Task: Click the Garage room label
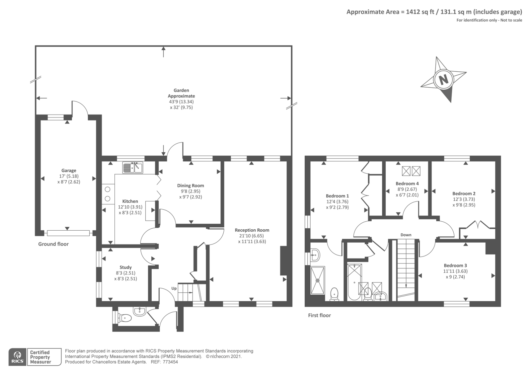click(x=69, y=171)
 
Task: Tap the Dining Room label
click(x=190, y=186)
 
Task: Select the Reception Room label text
click(x=252, y=230)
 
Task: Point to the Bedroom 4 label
click(x=407, y=184)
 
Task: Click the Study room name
click(x=125, y=267)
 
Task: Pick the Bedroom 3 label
click(x=455, y=265)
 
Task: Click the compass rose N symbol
click(x=443, y=80)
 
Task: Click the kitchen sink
click(x=132, y=168)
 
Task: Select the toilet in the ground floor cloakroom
click(x=125, y=318)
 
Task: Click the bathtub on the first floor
click(x=354, y=282)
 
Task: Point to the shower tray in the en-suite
click(x=318, y=280)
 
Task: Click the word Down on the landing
click(x=406, y=235)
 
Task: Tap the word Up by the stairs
click(x=174, y=288)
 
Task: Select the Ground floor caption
click(x=53, y=244)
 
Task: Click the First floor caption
click(x=319, y=315)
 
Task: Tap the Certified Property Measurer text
click(x=40, y=357)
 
